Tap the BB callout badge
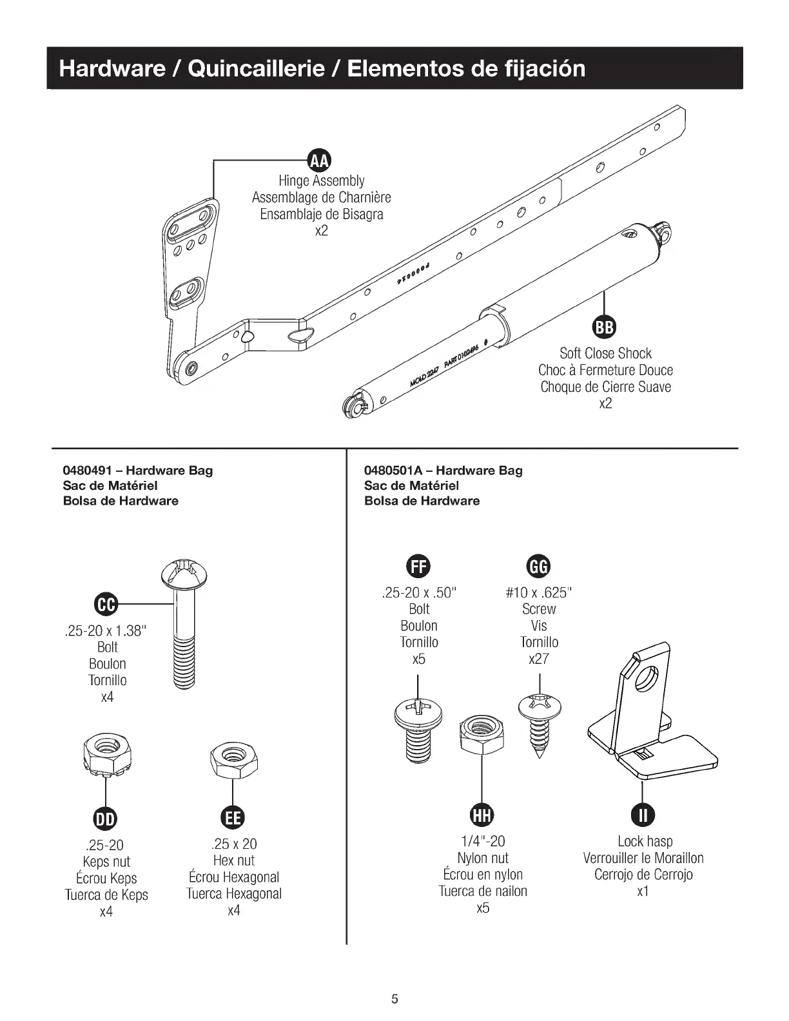tap(604, 328)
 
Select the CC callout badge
tap(107, 605)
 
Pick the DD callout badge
tap(105, 819)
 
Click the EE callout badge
tap(233, 818)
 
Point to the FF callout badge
tap(418, 567)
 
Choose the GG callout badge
tap(539, 567)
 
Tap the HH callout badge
tap(482, 815)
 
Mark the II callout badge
tap(643, 815)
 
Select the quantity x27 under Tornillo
tap(539, 659)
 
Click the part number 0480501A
tap(389, 471)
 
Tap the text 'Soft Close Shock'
tap(605, 353)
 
